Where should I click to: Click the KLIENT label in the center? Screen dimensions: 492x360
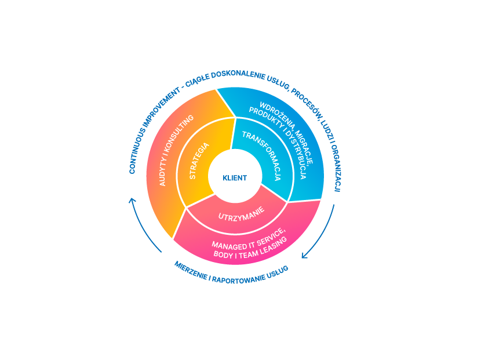(x=235, y=178)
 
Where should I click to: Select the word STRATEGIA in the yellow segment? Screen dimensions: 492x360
(x=199, y=161)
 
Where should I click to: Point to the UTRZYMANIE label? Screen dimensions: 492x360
(x=241, y=214)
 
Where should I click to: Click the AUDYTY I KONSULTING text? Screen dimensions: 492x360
(x=176, y=150)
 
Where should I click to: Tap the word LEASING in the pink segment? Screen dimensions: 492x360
(x=274, y=245)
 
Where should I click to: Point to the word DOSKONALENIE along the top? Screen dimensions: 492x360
(x=238, y=74)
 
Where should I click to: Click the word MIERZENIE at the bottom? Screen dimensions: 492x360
(x=191, y=271)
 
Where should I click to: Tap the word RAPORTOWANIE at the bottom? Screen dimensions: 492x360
(x=238, y=279)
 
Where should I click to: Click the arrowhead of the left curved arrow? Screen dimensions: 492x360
(x=132, y=201)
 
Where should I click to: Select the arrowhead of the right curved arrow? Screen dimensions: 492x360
(x=304, y=256)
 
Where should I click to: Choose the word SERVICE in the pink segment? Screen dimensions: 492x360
(x=271, y=237)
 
